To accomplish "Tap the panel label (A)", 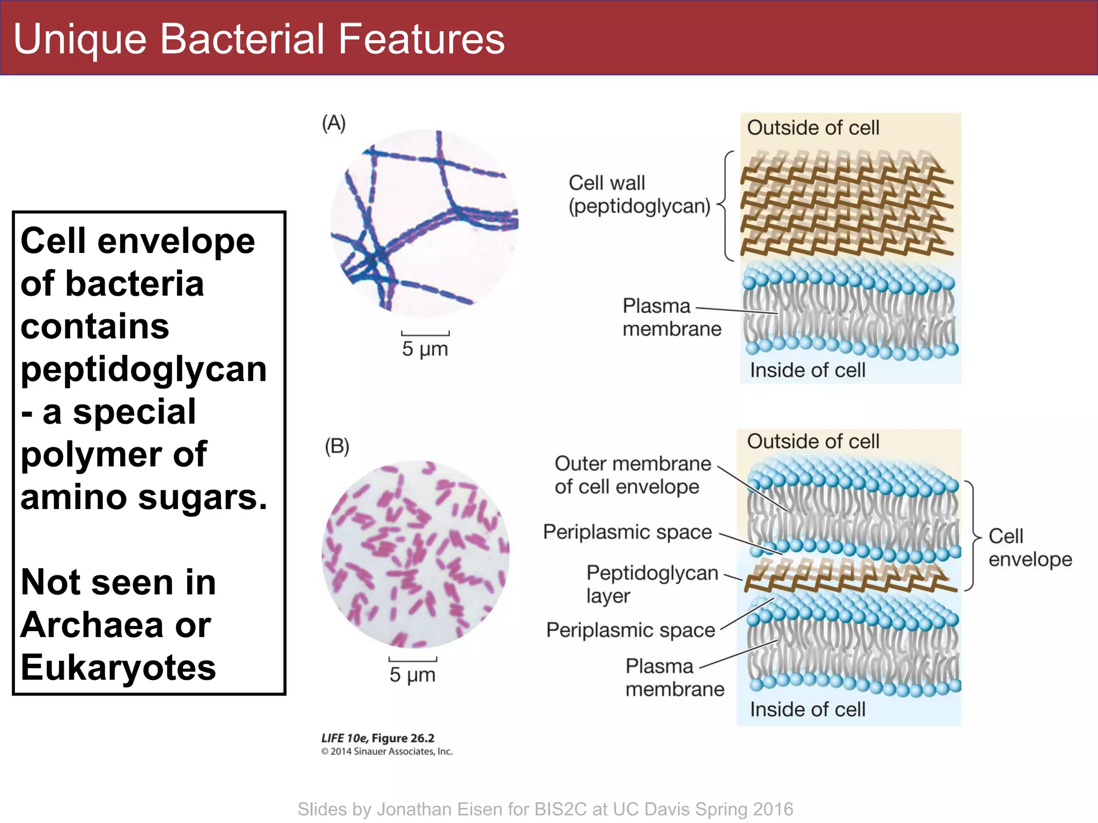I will pyautogui.click(x=333, y=123).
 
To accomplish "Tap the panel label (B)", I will pyautogui.click(x=337, y=446).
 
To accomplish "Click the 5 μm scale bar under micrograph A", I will pyautogui.click(x=425, y=334).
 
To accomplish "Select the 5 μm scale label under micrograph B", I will pyautogui.click(x=412, y=675).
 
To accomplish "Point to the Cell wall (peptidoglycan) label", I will pyautogui.click(x=639, y=194).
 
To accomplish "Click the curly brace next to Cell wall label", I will pyautogui.click(x=726, y=206).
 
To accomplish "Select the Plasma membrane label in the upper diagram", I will pyautogui.click(x=671, y=317).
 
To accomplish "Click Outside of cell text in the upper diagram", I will pyautogui.click(x=813, y=128).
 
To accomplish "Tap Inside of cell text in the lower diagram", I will pyautogui.click(x=807, y=709).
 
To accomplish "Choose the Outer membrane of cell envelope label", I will pyautogui.click(x=632, y=475).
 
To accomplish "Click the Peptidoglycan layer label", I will pyautogui.click(x=651, y=584).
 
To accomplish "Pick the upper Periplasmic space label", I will pyautogui.click(x=627, y=532).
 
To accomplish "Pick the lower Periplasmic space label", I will pyautogui.click(x=630, y=630).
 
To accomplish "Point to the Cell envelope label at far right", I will pyautogui.click(x=1029, y=547).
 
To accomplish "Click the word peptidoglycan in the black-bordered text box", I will pyautogui.click(x=143, y=369).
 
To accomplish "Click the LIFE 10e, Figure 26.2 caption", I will pyautogui.click(x=377, y=738).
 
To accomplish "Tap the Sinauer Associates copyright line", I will pyautogui.click(x=387, y=751).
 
